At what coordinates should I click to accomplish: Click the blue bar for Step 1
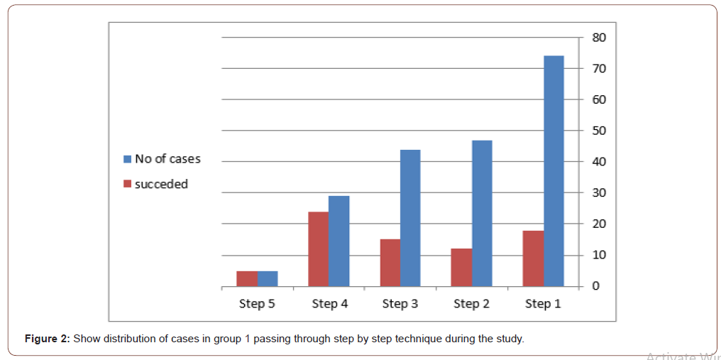tap(554, 171)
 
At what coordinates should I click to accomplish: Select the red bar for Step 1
tap(533, 258)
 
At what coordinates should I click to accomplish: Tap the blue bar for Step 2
tap(482, 213)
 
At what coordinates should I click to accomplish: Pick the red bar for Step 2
tap(461, 268)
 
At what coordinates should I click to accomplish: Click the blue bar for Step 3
tap(410, 218)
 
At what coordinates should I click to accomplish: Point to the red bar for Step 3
tap(390, 263)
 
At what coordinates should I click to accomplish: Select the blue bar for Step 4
tap(339, 241)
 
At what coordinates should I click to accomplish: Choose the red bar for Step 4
tap(318, 249)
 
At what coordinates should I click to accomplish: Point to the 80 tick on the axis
tap(599, 38)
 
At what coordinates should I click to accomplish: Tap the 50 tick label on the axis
tap(599, 131)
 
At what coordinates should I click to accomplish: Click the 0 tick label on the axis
tap(596, 286)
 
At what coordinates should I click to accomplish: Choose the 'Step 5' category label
tap(257, 304)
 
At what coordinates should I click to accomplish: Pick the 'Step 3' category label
tap(400, 304)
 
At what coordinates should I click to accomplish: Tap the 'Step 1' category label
tap(543, 304)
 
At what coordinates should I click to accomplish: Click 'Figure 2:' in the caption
tap(47, 339)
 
